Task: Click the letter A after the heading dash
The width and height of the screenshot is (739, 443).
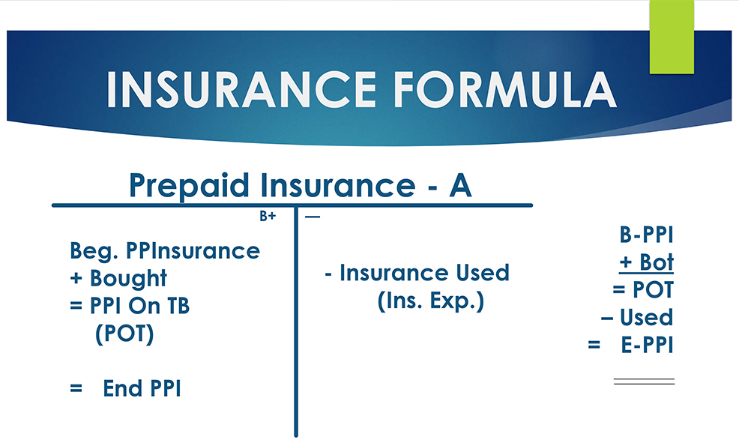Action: (459, 185)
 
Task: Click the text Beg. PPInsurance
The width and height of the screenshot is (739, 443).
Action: (165, 250)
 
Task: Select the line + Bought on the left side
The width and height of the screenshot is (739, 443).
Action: (118, 278)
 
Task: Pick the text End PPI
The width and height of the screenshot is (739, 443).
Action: (142, 388)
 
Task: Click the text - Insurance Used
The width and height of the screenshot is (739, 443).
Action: (417, 273)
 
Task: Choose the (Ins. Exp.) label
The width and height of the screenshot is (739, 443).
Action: (430, 301)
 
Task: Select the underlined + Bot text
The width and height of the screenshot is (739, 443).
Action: (647, 263)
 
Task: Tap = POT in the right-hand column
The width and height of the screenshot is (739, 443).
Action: (643, 290)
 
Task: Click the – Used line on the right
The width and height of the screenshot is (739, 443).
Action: (637, 318)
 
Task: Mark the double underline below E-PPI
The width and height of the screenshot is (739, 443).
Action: (644, 382)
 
